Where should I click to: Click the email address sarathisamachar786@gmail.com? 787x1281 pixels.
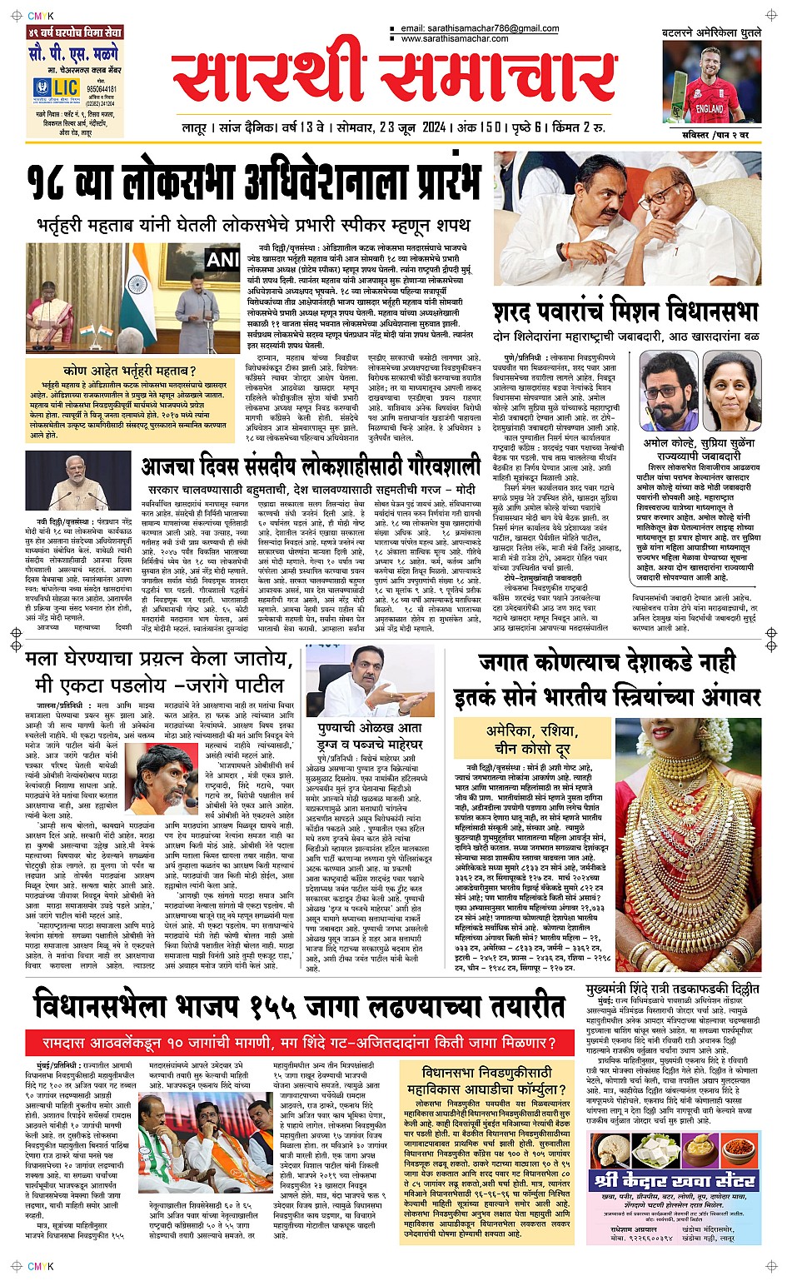point(480,28)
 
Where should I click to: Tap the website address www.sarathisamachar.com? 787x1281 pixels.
point(454,38)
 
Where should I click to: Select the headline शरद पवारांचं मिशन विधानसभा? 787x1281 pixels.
point(625,312)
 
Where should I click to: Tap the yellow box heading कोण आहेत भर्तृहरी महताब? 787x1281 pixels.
point(129,371)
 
